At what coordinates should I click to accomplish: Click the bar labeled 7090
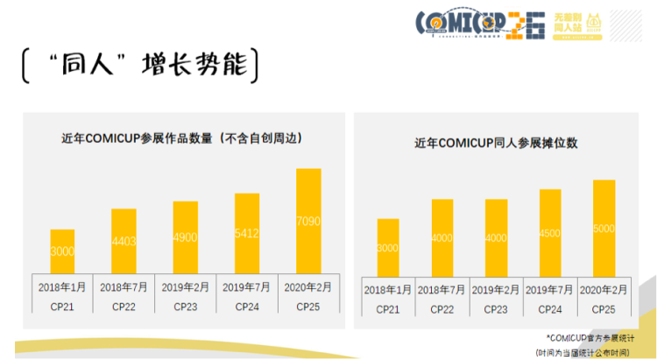pyautogui.click(x=308, y=221)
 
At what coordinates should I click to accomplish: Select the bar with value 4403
pyautogui.click(x=124, y=241)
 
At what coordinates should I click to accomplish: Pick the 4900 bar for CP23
pyautogui.click(x=185, y=237)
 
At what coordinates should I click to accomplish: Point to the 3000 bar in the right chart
pyautogui.click(x=387, y=247)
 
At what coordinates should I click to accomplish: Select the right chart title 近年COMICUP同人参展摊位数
pyautogui.click(x=496, y=143)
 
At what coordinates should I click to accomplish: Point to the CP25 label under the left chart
pyautogui.click(x=308, y=306)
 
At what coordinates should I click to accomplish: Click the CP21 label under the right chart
pyautogui.click(x=387, y=309)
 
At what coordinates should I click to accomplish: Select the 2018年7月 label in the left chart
pyautogui.click(x=124, y=286)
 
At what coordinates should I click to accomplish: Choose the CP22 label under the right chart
pyautogui.click(x=442, y=309)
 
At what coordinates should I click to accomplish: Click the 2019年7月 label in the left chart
pyautogui.click(x=247, y=286)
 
